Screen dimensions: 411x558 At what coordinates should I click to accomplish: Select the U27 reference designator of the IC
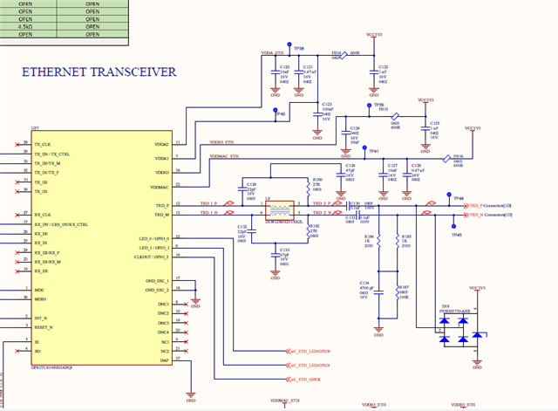[x=34, y=128]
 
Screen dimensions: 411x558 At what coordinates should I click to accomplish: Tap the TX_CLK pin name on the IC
[x=43, y=143]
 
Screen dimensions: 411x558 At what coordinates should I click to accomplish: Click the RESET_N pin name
[x=44, y=326]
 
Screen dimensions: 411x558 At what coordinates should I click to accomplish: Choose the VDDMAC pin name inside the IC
[x=160, y=187]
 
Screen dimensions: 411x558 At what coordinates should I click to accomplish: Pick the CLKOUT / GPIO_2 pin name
[x=152, y=257]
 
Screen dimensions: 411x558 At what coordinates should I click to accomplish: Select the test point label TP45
[x=456, y=235]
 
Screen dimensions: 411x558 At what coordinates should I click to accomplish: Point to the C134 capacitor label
[x=364, y=283]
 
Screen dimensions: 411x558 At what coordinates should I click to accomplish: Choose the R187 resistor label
[x=404, y=286]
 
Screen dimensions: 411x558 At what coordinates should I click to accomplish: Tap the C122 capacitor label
[x=383, y=66]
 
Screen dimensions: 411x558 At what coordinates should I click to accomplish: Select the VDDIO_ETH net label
[x=223, y=141]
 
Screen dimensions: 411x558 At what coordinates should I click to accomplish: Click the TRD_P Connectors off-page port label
[x=484, y=204]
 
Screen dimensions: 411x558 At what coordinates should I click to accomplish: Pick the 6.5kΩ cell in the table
[x=26, y=26]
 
